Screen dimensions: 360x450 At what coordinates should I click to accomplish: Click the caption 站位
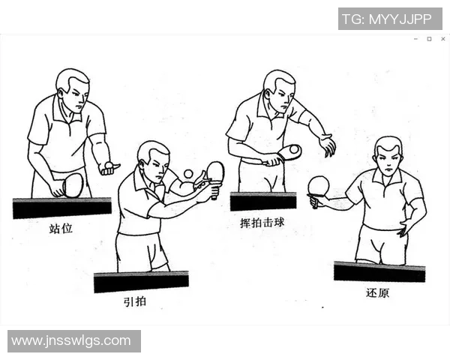pos(61,228)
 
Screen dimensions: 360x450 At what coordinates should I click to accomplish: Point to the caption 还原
pos(377,292)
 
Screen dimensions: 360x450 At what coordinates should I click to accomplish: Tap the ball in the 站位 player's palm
pos(109,165)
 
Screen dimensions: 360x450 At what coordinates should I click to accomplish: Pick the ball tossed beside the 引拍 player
pos(187,174)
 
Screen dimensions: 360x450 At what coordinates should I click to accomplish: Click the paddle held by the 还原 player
pos(319,185)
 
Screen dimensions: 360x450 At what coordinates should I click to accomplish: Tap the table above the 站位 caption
pos(61,207)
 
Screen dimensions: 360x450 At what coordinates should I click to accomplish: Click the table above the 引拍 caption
pos(141,281)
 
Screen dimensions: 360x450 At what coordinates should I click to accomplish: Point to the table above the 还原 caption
pos(379,271)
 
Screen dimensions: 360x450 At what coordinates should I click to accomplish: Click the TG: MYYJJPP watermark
pos(390,19)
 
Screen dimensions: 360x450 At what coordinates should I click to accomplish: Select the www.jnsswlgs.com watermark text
pos(73,341)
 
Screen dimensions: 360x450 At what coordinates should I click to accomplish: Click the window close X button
pos(442,39)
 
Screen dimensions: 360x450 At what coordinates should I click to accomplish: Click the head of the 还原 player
pos(388,154)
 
